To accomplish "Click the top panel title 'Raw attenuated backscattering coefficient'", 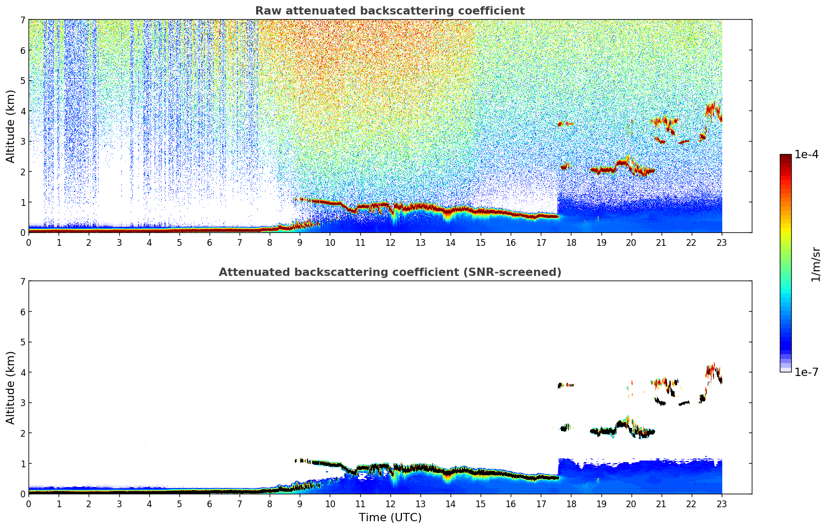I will (x=389, y=11).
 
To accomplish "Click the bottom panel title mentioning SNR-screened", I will (x=389, y=272).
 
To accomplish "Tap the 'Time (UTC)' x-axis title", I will (x=390, y=518).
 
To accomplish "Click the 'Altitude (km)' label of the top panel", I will (x=11, y=126).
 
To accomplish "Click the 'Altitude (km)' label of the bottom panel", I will (x=11, y=387).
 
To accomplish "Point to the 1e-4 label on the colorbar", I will (x=806, y=155).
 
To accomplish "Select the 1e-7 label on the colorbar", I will (x=806, y=372).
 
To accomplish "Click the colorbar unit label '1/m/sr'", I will (x=816, y=264).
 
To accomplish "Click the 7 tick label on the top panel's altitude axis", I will (x=22, y=20).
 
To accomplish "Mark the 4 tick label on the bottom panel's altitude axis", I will (x=22, y=372).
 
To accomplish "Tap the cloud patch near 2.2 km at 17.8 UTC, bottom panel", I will (x=565, y=427).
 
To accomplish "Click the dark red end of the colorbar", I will (x=785, y=157).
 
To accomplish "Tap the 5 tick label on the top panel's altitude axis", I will (x=22, y=81).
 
